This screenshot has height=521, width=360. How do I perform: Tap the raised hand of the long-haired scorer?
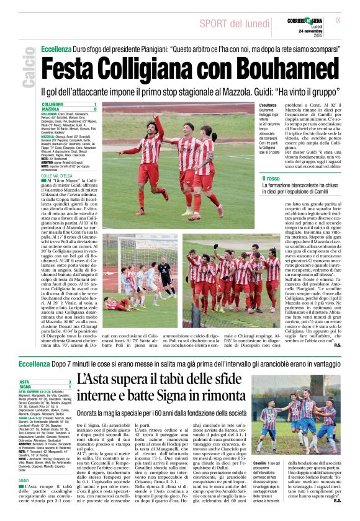coord(156,116)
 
